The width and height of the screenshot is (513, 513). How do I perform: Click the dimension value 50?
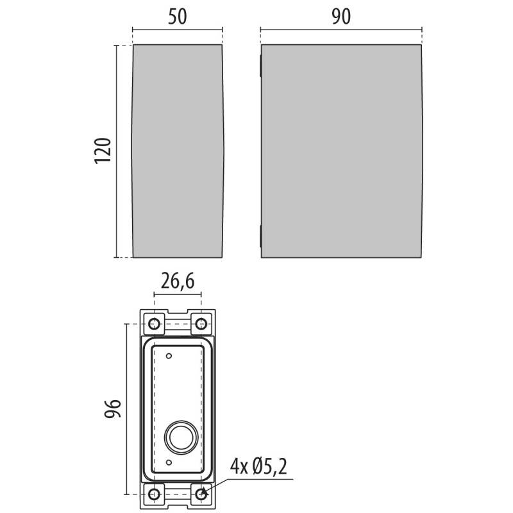[x=177, y=18]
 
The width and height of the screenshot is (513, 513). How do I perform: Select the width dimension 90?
[x=341, y=18]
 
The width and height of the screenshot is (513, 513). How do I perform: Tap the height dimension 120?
[x=103, y=151]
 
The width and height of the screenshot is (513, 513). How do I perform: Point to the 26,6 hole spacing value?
[x=178, y=280]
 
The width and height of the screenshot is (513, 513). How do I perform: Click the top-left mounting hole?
[x=155, y=323]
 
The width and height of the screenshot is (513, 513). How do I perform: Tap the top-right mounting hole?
[x=201, y=323]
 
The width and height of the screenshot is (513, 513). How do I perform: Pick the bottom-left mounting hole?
[x=155, y=494]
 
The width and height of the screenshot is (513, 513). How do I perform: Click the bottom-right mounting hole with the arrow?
[x=201, y=494]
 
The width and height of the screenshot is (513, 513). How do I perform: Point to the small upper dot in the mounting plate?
[x=169, y=355]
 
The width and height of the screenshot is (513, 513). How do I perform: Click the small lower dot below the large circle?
[x=169, y=462]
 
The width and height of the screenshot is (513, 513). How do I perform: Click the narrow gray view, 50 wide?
[x=177, y=151]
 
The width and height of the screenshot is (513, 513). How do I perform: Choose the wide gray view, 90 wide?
[x=341, y=151]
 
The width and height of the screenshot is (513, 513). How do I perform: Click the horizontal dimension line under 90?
[x=341, y=29]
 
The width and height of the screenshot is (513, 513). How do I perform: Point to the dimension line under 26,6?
[x=178, y=294]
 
